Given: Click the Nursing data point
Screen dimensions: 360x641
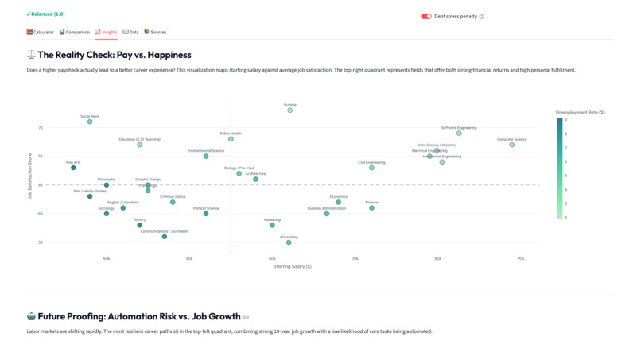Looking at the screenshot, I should tap(289, 110).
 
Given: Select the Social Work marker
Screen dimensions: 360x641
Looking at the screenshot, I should tap(90, 122).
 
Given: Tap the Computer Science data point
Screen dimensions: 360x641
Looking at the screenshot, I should tap(512, 145).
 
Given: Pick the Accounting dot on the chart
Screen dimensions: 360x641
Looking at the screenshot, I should tap(289, 242).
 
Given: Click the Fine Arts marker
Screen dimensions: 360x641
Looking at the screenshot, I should tap(73, 168).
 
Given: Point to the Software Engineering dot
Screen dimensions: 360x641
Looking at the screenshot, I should tap(459, 134).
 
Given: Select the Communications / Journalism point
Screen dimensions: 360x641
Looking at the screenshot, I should tap(165, 237).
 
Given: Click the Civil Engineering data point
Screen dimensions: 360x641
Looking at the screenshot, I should tap(371, 168).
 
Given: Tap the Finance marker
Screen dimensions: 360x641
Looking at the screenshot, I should tap(371, 208).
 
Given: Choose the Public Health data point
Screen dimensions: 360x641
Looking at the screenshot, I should tap(231, 139).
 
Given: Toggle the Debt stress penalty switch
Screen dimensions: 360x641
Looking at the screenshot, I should tap(426, 16).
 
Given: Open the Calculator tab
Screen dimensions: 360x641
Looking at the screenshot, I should tap(41, 33).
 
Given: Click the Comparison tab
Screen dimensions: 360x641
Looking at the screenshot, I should tap(75, 33).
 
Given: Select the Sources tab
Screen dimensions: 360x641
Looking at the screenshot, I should tap(155, 33).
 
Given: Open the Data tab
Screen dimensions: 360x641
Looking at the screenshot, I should tap(131, 33).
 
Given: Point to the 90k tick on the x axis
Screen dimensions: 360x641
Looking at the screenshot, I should tap(520, 258).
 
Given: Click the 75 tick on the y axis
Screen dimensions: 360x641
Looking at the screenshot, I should tap(41, 127).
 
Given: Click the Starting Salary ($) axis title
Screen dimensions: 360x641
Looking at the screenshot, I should tap(292, 266).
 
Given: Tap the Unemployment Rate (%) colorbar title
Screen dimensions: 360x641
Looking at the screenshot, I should tap(580, 113).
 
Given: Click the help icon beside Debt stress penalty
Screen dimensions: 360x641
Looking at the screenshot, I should tap(482, 16).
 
